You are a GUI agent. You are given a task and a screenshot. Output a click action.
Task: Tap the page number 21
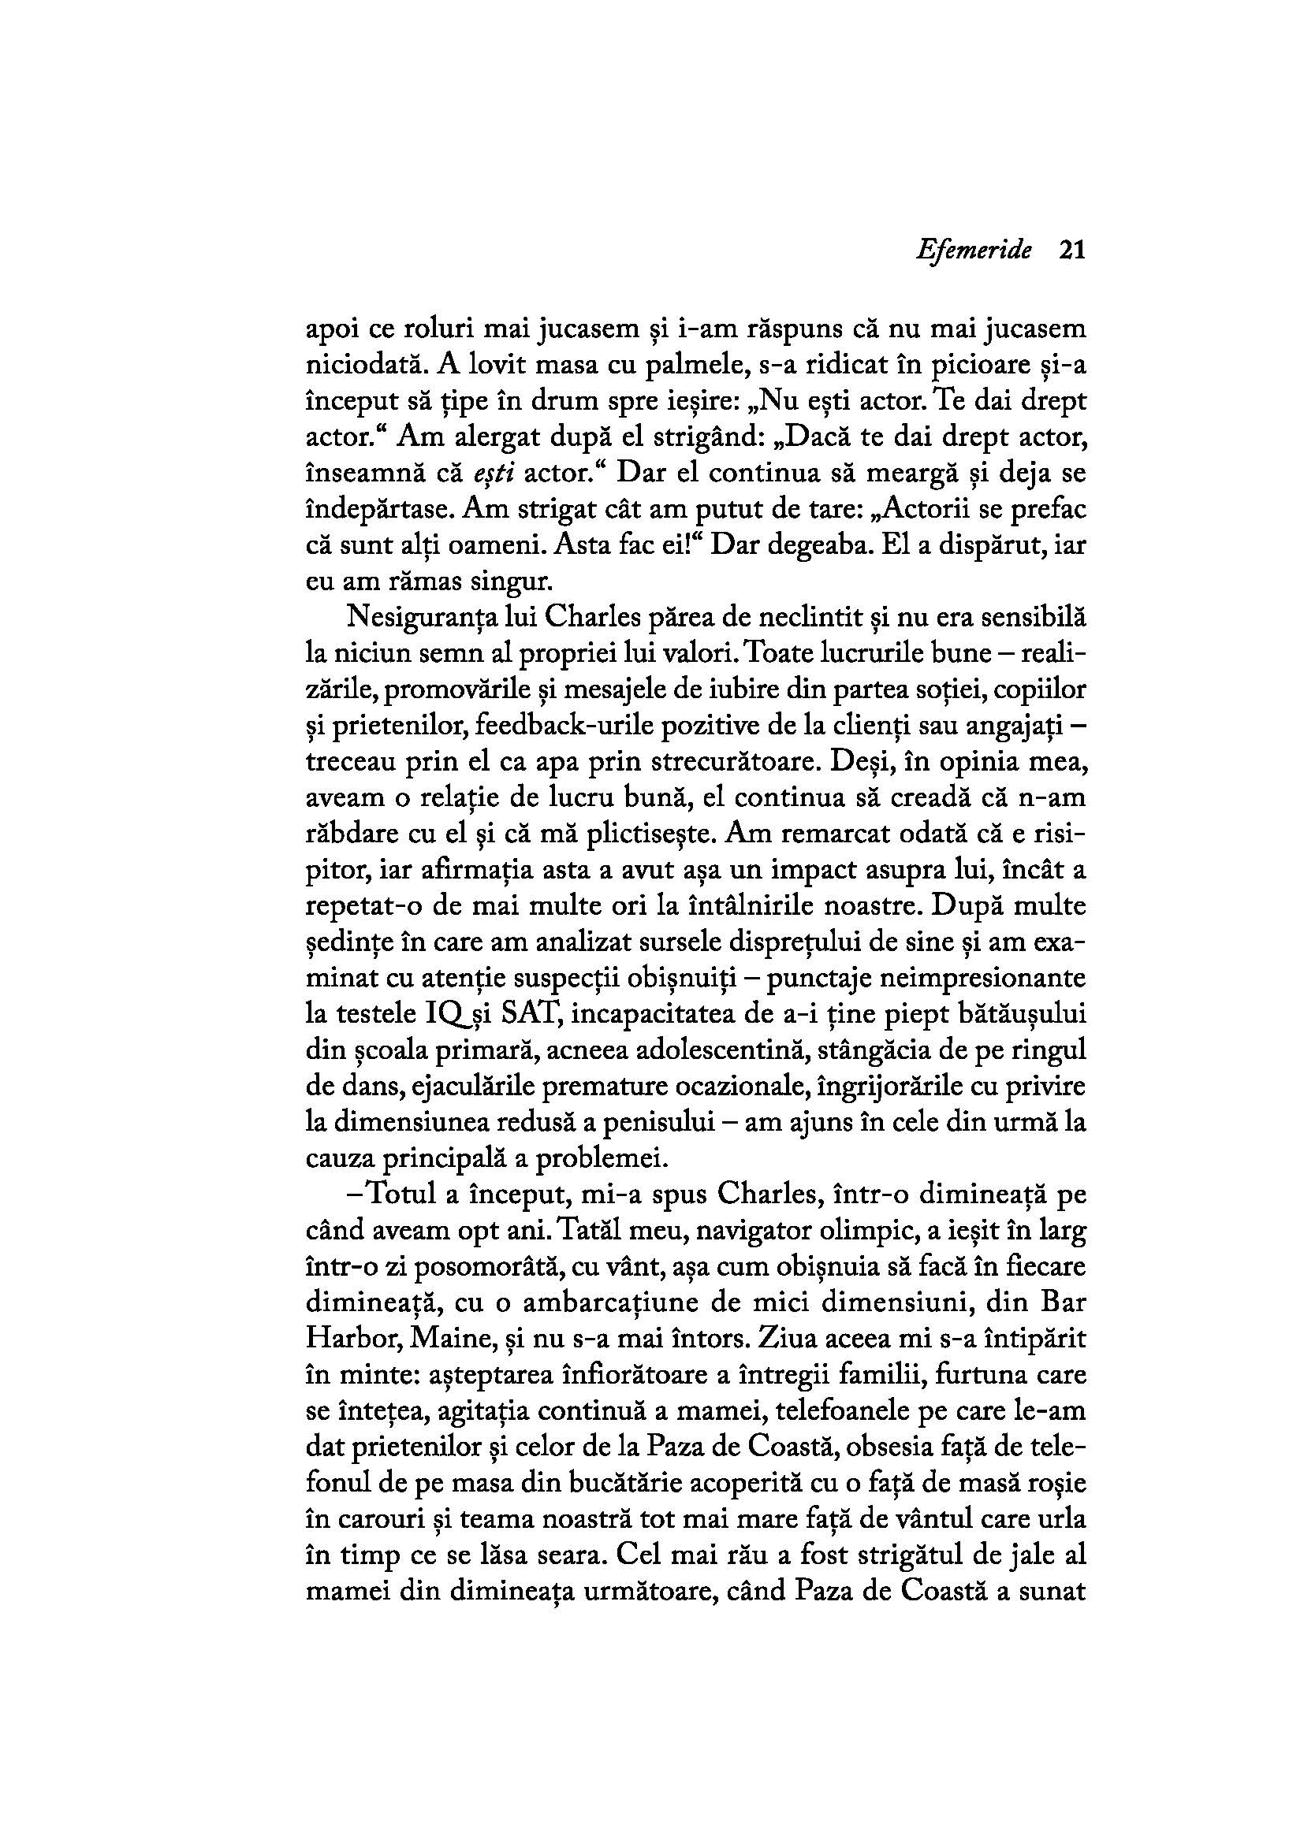tap(1071, 250)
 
